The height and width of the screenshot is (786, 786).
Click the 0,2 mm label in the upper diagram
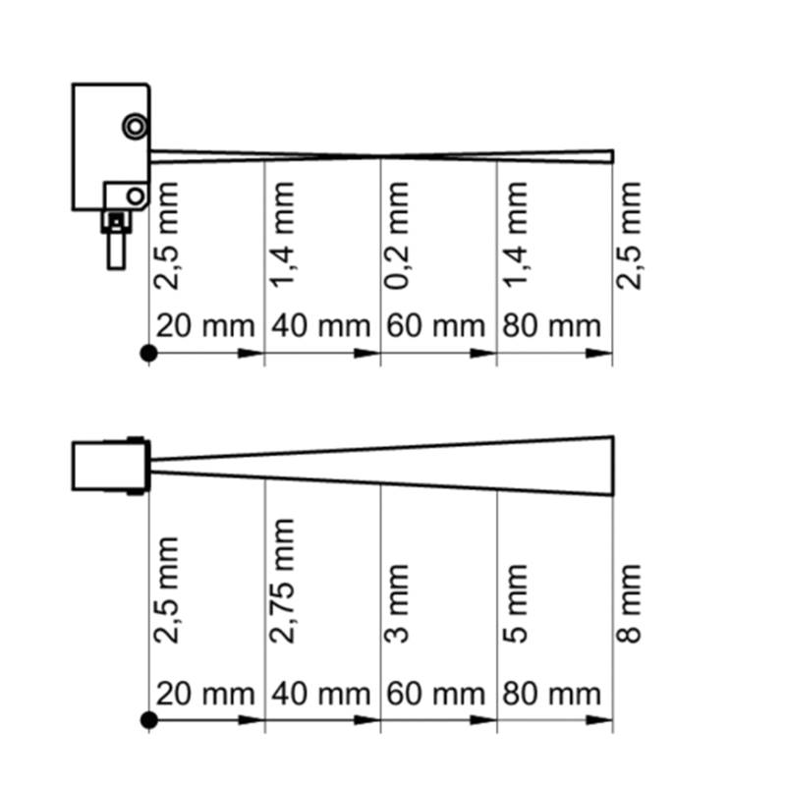point(397,236)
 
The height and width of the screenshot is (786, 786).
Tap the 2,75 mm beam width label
point(282,581)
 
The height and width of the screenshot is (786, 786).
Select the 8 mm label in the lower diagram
point(629,603)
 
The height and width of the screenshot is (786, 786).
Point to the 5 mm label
point(515,603)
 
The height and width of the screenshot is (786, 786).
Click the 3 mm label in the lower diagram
point(397,603)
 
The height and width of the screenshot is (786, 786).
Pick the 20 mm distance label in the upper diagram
point(205,326)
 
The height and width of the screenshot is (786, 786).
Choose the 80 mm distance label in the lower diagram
point(551,695)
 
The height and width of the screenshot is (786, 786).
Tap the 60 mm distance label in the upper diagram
point(435,326)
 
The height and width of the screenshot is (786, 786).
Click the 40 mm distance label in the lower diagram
point(321,695)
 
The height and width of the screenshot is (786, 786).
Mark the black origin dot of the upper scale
point(149,354)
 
